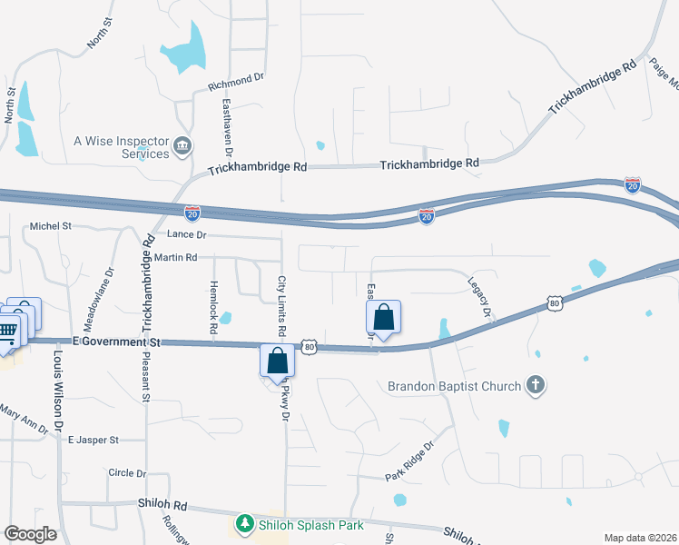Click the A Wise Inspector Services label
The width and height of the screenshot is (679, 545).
click(121, 147)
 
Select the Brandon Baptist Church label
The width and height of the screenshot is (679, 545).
click(454, 386)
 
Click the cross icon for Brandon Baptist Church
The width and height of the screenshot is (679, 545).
click(536, 385)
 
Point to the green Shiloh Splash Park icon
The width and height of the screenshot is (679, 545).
click(244, 525)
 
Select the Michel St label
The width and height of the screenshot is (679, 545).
click(50, 226)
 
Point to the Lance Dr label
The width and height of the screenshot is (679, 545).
click(188, 235)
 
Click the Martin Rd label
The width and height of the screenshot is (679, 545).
click(175, 258)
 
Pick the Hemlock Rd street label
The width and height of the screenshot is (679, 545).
click(214, 306)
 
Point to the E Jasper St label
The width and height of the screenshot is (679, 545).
click(93, 440)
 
